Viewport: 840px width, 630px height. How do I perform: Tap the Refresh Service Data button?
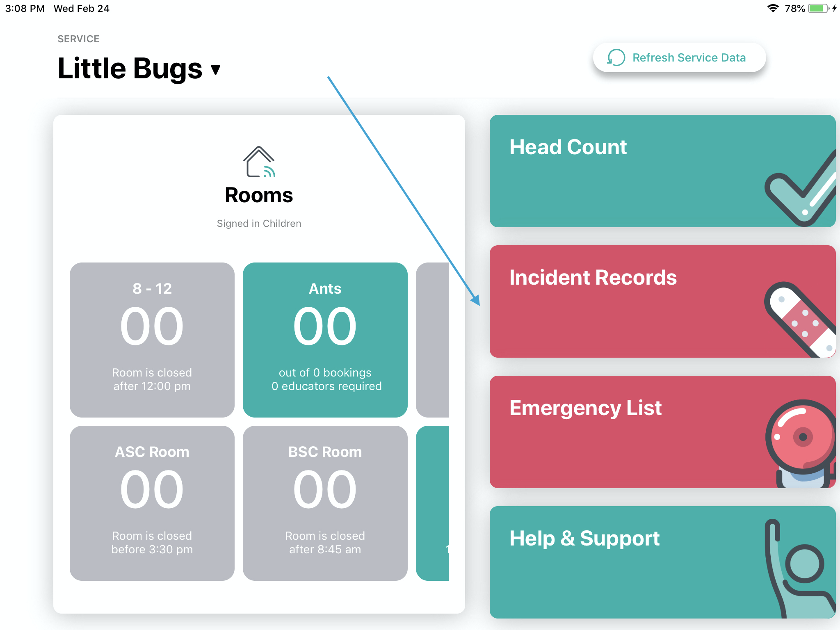[x=679, y=57]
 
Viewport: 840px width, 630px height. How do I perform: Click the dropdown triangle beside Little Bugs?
[x=216, y=70]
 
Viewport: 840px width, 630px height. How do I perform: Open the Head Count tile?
[x=662, y=171]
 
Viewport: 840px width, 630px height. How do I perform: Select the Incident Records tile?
[x=662, y=301]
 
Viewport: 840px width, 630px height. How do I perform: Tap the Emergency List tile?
[x=662, y=432]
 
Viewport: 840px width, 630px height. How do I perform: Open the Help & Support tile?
[x=662, y=562]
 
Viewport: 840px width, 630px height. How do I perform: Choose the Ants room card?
[x=325, y=340]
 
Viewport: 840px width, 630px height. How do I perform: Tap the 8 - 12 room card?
[x=152, y=340]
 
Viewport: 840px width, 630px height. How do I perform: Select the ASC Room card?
[x=152, y=503]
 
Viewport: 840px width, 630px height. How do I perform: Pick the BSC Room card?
[x=325, y=503]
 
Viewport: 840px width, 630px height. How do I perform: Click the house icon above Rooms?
[x=259, y=162]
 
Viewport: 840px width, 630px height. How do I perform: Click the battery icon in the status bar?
[x=819, y=8]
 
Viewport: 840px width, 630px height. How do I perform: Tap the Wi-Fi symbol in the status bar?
[x=773, y=8]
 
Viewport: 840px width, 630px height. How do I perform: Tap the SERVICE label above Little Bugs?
[x=78, y=39]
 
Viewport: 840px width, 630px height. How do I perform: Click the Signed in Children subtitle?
[x=259, y=224]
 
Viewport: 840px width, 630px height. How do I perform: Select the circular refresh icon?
[x=616, y=57]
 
